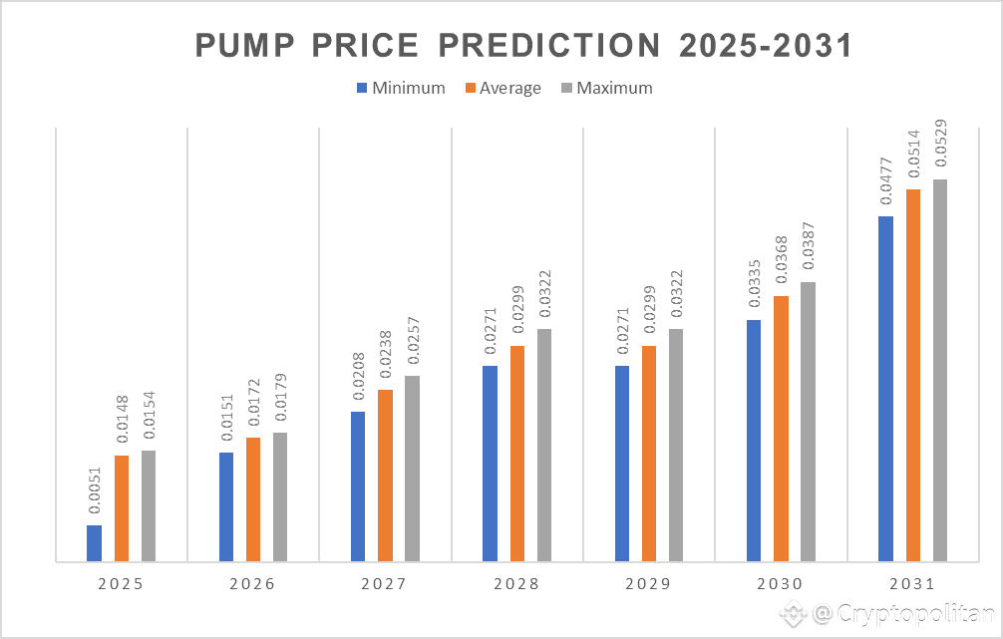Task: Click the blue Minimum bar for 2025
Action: pyautogui.click(x=95, y=542)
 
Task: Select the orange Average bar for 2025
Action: pyautogui.click(x=122, y=507)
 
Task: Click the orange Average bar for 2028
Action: pyautogui.click(x=516, y=453)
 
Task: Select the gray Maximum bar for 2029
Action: pyautogui.click(x=675, y=445)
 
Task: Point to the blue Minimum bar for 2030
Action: pyautogui.click(x=754, y=440)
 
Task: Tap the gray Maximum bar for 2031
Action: pyautogui.click(x=939, y=370)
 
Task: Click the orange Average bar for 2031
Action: pyautogui.click(x=912, y=375)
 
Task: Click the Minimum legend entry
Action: pyautogui.click(x=401, y=88)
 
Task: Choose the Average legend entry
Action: pyautogui.click(x=503, y=88)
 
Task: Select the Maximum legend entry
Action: pyautogui.click(x=607, y=88)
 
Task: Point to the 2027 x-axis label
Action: pyautogui.click(x=385, y=584)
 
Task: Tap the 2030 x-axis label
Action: pyautogui.click(x=781, y=584)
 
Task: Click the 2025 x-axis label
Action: pyautogui.click(x=121, y=584)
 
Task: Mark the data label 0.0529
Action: pyautogui.click(x=939, y=145)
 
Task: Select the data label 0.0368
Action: pyautogui.click(x=781, y=261)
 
